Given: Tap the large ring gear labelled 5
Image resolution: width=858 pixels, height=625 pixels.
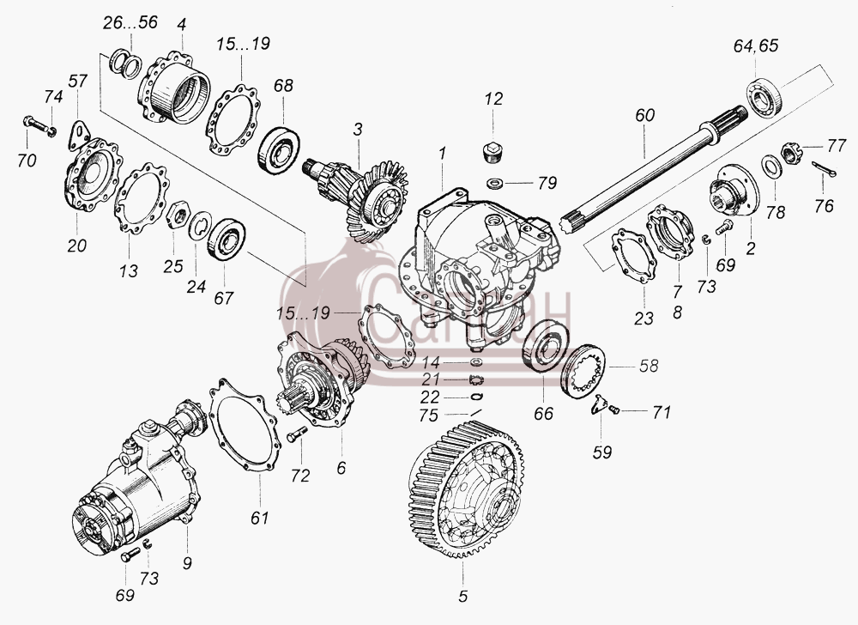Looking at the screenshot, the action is [x=466, y=489].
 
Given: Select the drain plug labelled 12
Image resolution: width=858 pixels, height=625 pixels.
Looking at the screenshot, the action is [x=493, y=152].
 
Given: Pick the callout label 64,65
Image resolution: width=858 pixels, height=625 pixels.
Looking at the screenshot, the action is [x=756, y=46].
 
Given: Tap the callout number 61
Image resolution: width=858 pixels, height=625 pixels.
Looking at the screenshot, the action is [x=260, y=517].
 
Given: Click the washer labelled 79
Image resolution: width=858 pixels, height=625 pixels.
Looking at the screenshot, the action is [x=496, y=181].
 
